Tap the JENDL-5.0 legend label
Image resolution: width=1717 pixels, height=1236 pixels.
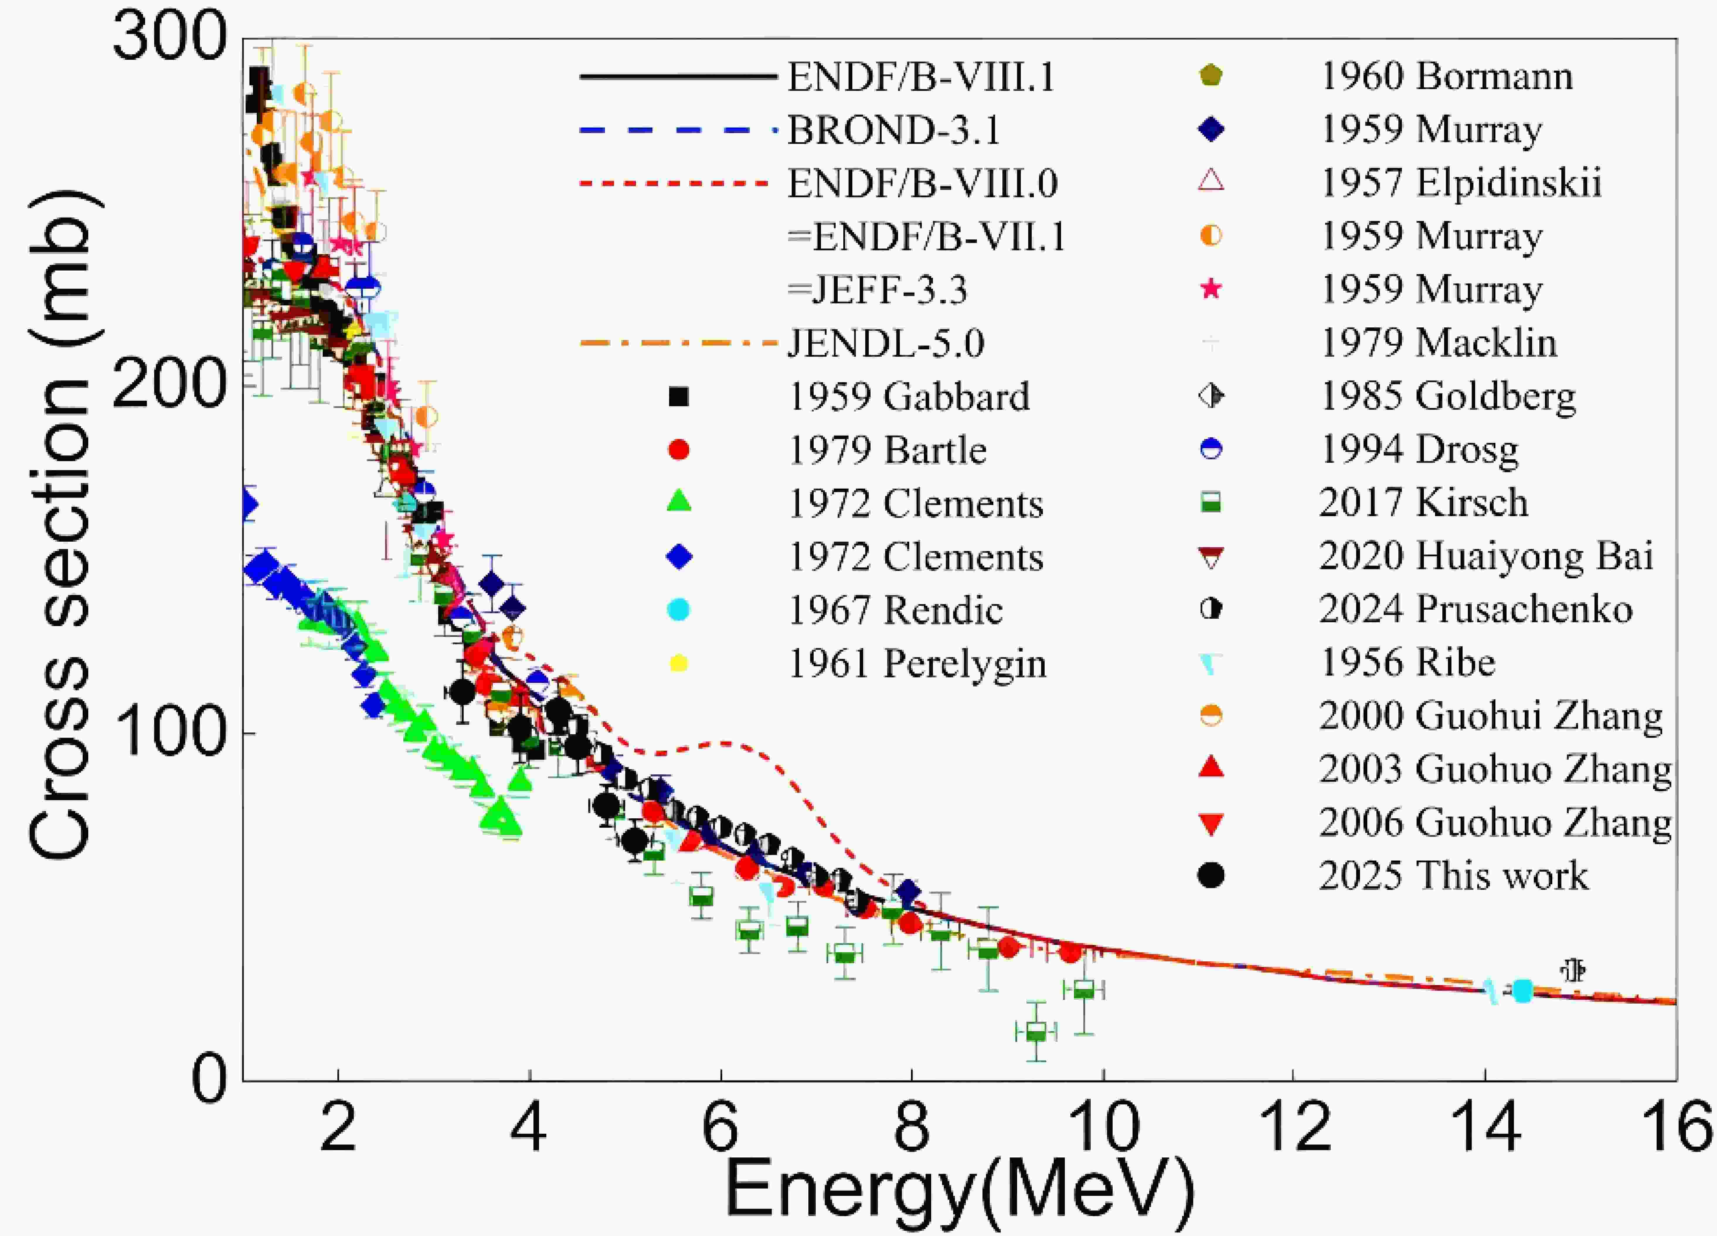click(x=886, y=344)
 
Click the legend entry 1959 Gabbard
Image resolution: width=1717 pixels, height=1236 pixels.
click(x=908, y=397)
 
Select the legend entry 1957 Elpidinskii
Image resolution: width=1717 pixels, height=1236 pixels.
click(x=1460, y=183)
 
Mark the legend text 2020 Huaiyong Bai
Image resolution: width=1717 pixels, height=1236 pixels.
click(x=1485, y=556)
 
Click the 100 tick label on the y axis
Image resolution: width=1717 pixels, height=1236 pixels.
click(x=170, y=733)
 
